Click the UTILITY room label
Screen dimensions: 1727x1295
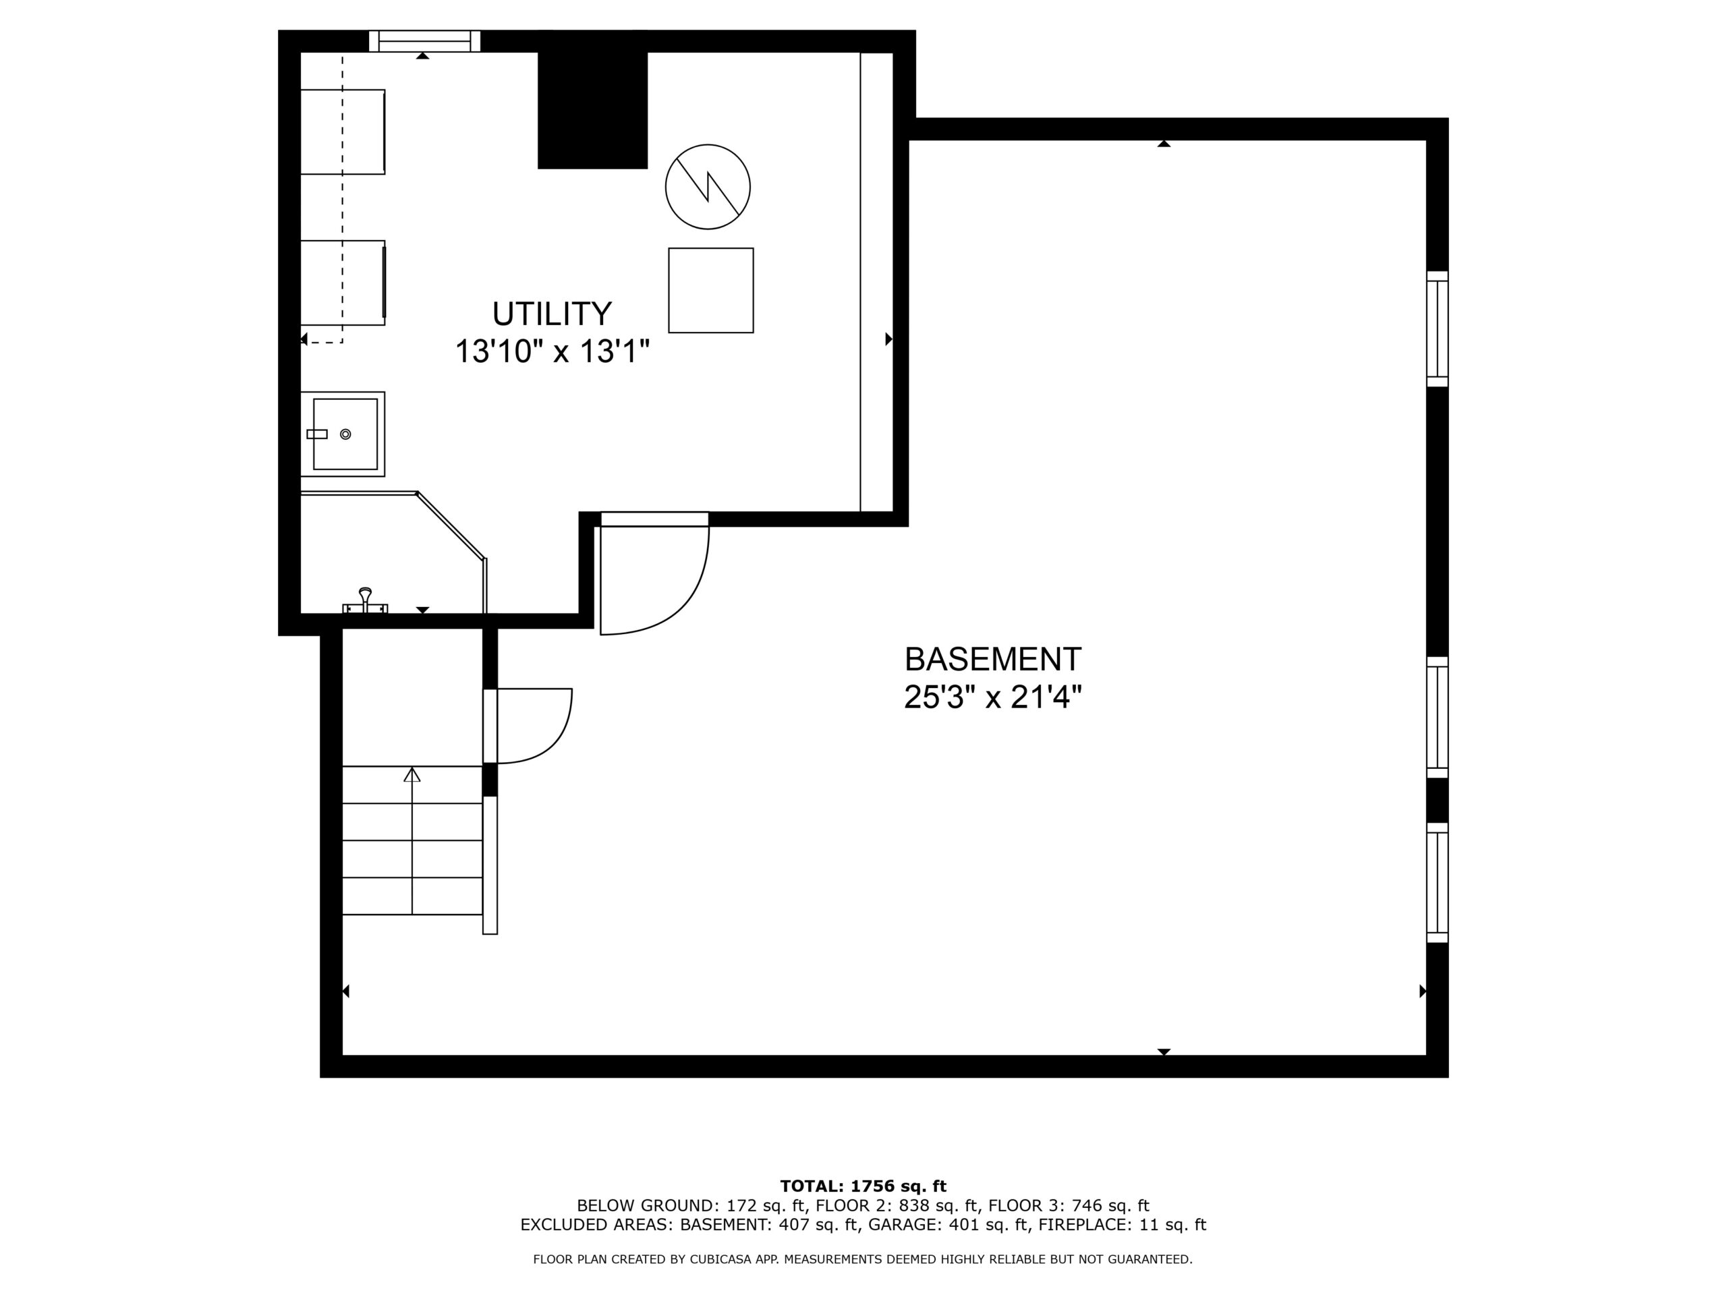point(552,314)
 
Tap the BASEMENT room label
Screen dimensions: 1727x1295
point(992,660)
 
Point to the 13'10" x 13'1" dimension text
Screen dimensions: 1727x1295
point(552,351)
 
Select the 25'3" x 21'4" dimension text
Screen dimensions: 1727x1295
point(992,697)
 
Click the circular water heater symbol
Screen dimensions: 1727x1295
point(708,187)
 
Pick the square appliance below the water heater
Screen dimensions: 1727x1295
point(710,291)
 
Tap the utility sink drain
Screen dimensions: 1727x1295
point(346,434)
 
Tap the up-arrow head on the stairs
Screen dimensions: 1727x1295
point(412,774)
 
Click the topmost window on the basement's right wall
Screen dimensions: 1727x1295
point(1438,328)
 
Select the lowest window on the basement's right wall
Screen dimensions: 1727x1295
point(1438,883)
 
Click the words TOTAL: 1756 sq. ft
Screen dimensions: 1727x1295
point(863,1187)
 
